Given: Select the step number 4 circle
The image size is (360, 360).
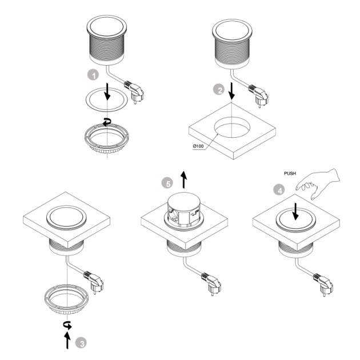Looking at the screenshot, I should [279, 190].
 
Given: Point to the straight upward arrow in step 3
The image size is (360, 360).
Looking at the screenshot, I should [67, 341].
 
